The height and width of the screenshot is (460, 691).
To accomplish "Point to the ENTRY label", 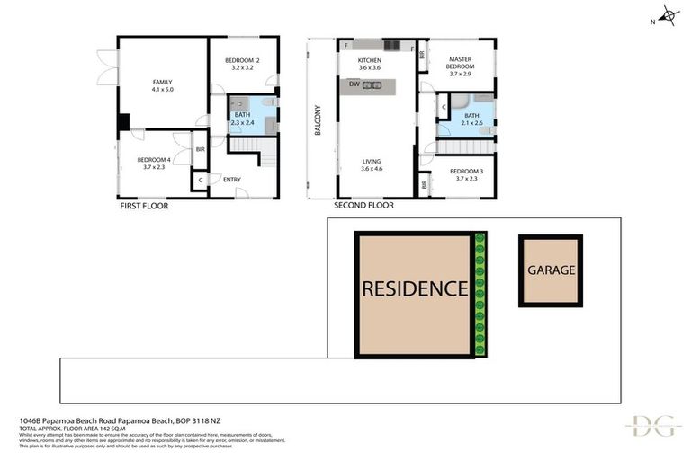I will [x=231, y=180].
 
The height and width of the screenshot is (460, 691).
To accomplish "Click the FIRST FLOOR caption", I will [x=144, y=206].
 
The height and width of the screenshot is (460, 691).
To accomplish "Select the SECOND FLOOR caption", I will [x=363, y=206].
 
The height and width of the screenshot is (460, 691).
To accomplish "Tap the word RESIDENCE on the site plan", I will [x=414, y=289].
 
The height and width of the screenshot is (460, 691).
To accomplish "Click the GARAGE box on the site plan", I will [x=551, y=270].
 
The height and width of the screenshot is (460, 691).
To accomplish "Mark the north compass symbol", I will [x=667, y=15].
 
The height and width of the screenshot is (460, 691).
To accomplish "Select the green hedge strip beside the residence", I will [x=480, y=295].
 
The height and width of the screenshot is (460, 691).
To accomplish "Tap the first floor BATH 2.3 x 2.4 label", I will [x=243, y=119].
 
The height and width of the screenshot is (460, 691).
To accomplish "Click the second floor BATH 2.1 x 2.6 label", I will [x=472, y=119].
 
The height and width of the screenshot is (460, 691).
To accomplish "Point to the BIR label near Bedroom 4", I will [x=200, y=149].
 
